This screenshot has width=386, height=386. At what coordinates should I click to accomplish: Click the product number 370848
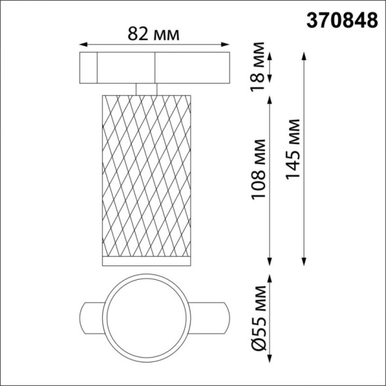pyautogui.click(x=343, y=20)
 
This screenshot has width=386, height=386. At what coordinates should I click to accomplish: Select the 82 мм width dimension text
pyautogui.click(x=154, y=34)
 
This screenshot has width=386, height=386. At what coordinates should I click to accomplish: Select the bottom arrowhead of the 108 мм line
pyautogui.click(x=271, y=261)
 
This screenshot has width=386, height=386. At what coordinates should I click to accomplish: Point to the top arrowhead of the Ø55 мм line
pyautogui.click(x=271, y=276)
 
